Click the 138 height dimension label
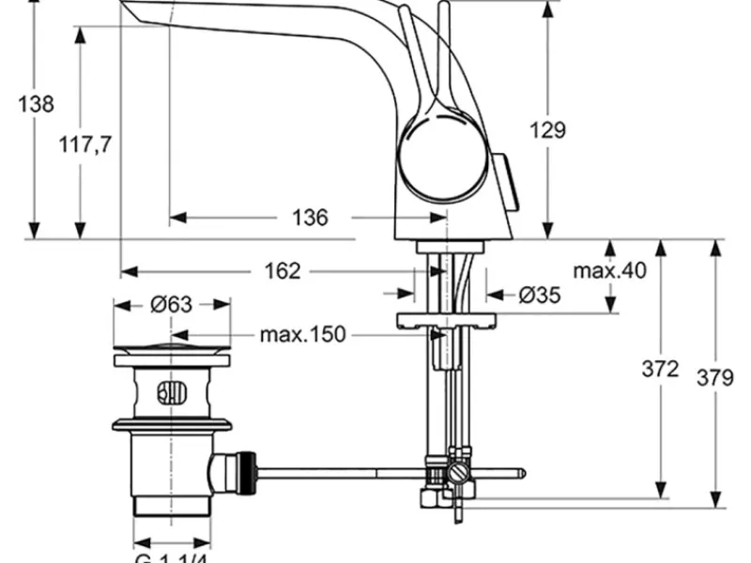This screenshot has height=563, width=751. point(36,104)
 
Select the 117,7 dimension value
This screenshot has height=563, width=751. point(85,145)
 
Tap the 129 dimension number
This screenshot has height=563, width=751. point(547,130)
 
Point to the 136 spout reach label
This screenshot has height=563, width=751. point(311,218)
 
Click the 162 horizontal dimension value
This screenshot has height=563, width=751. point(283,271)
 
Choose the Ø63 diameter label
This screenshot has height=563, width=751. point(171,304)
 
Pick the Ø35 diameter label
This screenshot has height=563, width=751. point(540,295)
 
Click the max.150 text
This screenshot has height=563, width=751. point(302,335)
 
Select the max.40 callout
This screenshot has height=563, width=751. point(609,271)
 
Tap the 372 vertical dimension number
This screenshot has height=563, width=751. point(661,369)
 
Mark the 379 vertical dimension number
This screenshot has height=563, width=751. point(715,378)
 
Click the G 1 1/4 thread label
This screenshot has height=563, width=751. point(171,558)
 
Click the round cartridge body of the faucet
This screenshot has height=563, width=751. point(443,154)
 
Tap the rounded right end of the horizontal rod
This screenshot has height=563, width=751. point(522,474)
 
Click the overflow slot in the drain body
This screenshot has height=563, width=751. point(172,392)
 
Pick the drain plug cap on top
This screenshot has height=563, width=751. point(172,347)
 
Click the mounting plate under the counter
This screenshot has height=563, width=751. point(447,320)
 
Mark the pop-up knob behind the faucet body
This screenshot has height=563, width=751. point(508,182)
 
